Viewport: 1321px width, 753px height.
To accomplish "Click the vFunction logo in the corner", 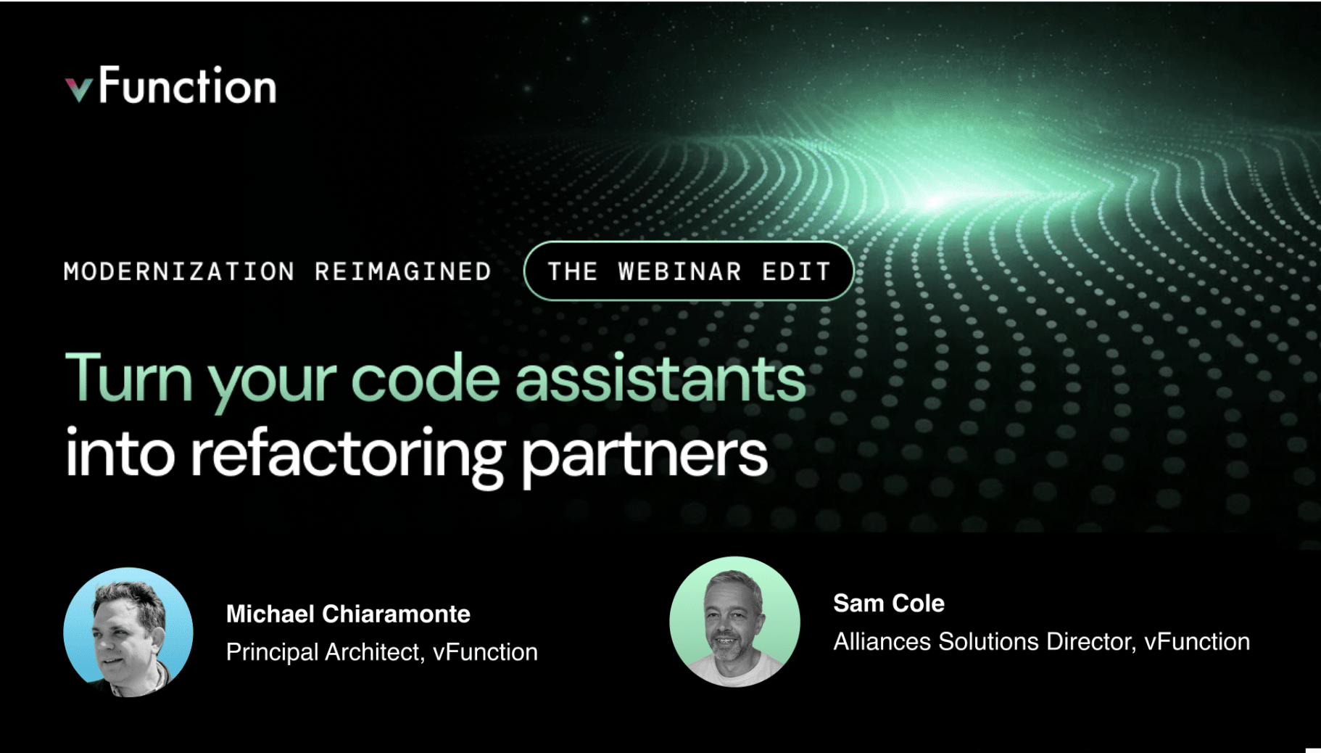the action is pyautogui.click(x=171, y=86).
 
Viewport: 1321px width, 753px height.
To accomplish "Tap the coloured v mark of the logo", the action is pyautogui.click(x=78, y=90).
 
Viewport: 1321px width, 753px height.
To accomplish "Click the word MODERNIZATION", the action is pyautogui.click(x=179, y=271).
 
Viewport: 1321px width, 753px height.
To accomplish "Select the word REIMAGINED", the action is pyautogui.click(x=403, y=271).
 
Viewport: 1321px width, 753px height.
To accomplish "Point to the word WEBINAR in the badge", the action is pyautogui.click(x=680, y=271).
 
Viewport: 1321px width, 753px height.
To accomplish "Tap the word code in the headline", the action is pyautogui.click(x=426, y=378).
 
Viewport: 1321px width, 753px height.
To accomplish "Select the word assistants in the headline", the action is pyautogui.click(x=660, y=378).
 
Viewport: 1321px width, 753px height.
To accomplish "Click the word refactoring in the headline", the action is pyautogui.click(x=347, y=455).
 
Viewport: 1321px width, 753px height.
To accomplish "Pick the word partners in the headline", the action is pyautogui.click(x=645, y=456).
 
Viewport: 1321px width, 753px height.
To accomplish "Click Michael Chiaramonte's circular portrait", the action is pyautogui.click(x=128, y=632).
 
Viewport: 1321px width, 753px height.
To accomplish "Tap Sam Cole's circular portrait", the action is pyautogui.click(x=734, y=622).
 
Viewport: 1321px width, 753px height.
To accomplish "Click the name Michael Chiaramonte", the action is pyautogui.click(x=348, y=614).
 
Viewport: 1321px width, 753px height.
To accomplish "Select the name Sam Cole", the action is pyautogui.click(x=889, y=603).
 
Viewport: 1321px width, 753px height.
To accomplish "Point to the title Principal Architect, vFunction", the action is pyautogui.click(x=382, y=651).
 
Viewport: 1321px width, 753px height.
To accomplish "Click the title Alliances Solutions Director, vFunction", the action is pyautogui.click(x=1042, y=641).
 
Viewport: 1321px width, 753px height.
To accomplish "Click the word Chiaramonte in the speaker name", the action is pyautogui.click(x=396, y=614).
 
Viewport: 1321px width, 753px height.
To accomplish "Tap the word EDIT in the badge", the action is pyautogui.click(x=796, y=271).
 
